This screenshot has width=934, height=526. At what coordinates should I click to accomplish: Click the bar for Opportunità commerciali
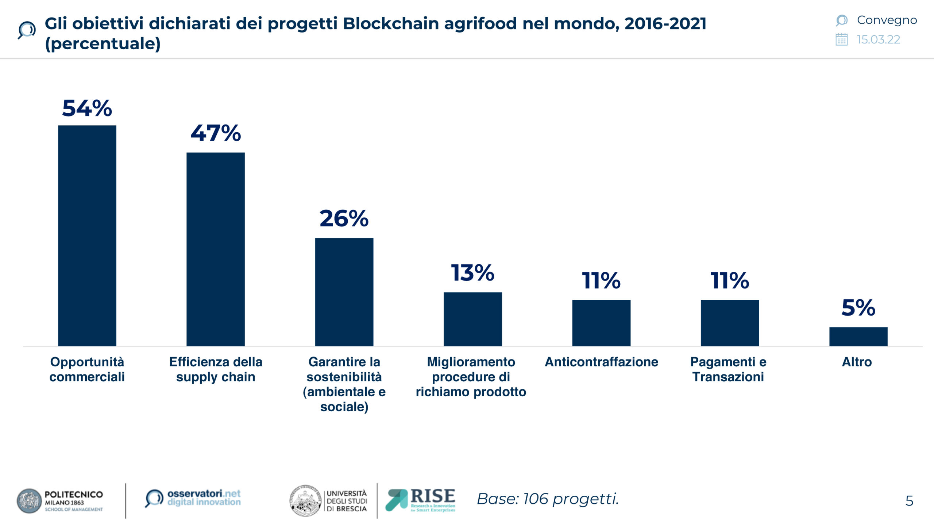pyautogui.click(x=87, y=236)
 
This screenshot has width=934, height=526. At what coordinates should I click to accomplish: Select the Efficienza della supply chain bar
pyautogui.click(x=216, y=249)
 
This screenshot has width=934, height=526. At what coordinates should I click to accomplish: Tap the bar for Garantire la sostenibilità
pyautogui.click(x=344, y=292)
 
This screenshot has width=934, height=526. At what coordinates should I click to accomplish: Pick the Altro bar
pyautogui.click(x=858, y=336)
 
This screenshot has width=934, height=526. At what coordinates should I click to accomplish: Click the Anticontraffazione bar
pyautogui.click(x=601, y=323)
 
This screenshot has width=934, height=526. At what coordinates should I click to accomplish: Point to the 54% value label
pyautogui.click(x=87, y=108)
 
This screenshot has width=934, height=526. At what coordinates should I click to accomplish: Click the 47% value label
pyautogui.click(x=216, y=133)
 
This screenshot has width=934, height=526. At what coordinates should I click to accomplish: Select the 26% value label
pyautogui.click(x=344, y=218)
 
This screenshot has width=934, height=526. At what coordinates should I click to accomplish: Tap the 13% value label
pyautogui.click(x=472, y=273)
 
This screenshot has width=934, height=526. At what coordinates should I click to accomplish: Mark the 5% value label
pyautogui.click(x=858, y=308)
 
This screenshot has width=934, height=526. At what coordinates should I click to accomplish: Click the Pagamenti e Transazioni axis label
pyautogui.click(x=728, y=369)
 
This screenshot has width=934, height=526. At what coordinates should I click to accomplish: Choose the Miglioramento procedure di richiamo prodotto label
pyautogui.click(x=471, y=377)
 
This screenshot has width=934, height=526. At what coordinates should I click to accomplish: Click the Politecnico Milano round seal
pyautogui.click(x=29, y=501)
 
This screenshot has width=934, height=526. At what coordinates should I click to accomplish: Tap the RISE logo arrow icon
pyautogui.click(x=397, y=500)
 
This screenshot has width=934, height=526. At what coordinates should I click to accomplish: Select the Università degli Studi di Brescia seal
pyautogui.click(x=305, y=501)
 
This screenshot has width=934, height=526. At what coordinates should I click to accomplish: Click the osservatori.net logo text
pyautogui.click(x=204, y=498)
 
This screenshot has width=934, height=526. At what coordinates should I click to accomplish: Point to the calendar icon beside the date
pyautogui.click(x=841, y=39)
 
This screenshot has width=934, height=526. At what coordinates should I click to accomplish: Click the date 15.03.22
pyautogui.click(x=879, y=39)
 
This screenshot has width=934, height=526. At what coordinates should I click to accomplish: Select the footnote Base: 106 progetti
pyautogui.click(x=548, y=499)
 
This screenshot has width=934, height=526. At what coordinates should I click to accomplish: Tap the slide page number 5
pyautogui.click(x=909, y=501)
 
